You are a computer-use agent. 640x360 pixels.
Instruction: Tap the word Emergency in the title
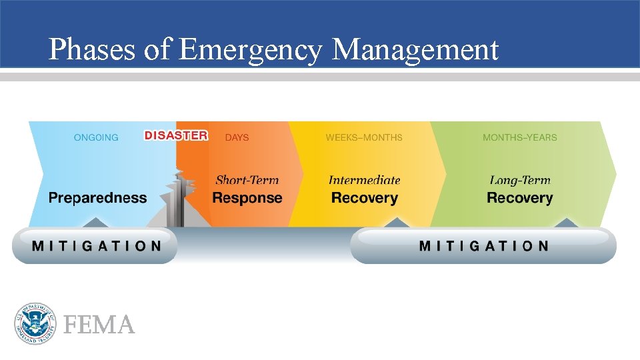[251, 49]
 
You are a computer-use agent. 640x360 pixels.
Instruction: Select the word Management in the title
[415, 49]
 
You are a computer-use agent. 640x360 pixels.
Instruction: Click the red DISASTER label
[176, 135]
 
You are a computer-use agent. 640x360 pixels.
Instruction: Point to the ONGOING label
[96, 137]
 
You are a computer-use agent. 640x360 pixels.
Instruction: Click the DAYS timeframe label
[237, 137]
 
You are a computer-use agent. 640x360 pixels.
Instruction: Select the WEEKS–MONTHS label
[364, 137]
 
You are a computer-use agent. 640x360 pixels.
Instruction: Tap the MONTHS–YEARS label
[520, 137]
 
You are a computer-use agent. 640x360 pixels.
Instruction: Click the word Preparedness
[97, 198]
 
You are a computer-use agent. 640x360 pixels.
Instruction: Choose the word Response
[247, 198]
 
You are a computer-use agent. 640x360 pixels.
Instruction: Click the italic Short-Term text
[247, 180]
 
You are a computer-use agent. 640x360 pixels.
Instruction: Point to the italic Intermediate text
[364, 180]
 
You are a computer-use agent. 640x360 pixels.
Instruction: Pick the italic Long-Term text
[520, 180]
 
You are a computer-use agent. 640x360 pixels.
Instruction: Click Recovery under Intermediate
[364, 198]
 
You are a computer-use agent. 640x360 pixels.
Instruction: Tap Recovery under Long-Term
[520, 198]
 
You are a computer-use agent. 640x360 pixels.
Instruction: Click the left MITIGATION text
[97, 246]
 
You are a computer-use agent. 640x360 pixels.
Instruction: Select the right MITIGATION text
[484, 246]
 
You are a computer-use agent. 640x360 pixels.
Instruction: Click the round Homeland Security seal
[34, 324]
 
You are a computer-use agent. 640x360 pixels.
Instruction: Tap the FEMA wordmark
[99, 325]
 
